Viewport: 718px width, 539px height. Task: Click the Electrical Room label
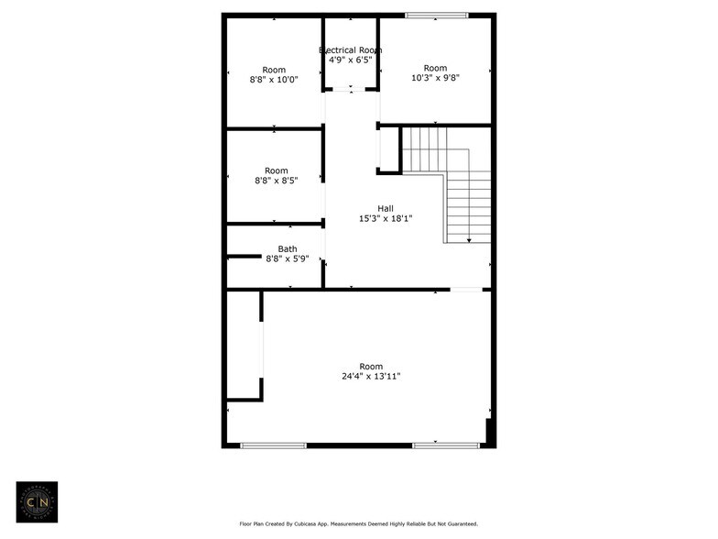pos(351,49)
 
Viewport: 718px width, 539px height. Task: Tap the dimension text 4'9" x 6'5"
pos(351,60)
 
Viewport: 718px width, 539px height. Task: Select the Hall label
pos(386,208)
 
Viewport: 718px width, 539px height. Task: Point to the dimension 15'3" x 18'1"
pos(386,218)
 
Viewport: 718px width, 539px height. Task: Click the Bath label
pos(288,248)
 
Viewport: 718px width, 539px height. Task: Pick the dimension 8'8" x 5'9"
pos(288,258)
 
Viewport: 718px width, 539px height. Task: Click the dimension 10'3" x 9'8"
pos(435,78)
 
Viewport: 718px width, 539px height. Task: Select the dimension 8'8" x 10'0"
pos(274,80)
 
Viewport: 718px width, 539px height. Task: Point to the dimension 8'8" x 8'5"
pos(276,181)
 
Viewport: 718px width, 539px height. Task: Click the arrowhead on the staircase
pos(469,240)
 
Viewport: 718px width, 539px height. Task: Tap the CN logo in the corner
pos(38,501)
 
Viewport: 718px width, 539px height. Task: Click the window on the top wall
pos(437,16)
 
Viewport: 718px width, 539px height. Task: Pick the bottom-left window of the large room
pos(260,445)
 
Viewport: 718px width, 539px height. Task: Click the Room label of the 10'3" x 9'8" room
pos(435,68)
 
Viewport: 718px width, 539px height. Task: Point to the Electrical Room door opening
pos(351,90)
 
